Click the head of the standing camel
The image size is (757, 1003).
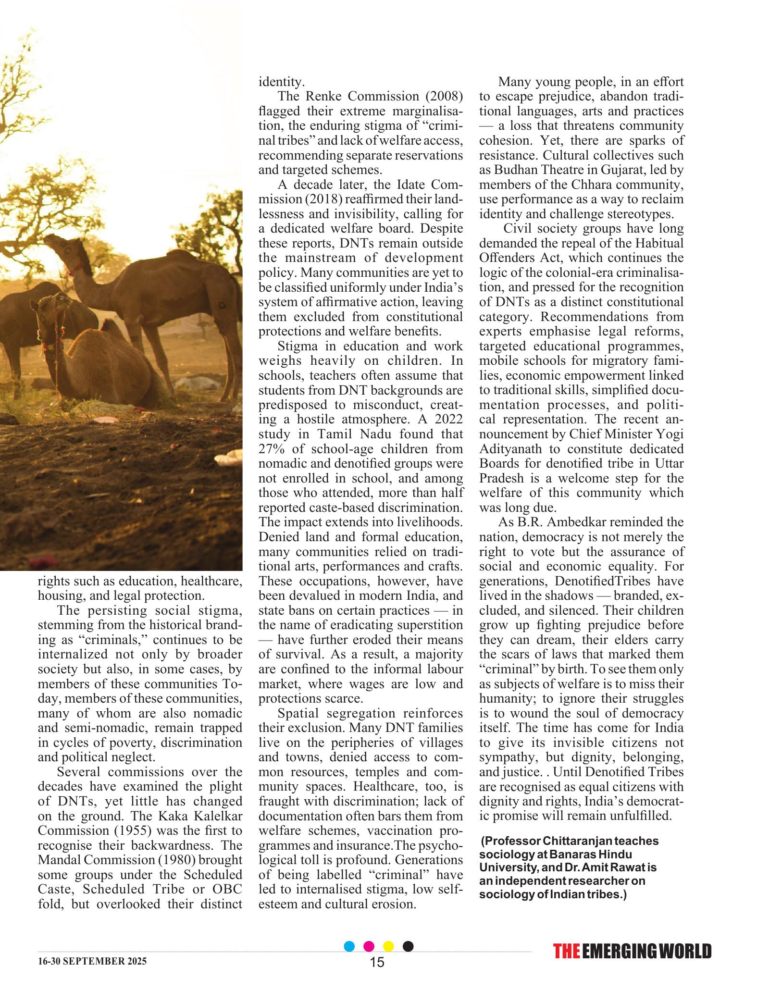(x=58, y=243)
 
